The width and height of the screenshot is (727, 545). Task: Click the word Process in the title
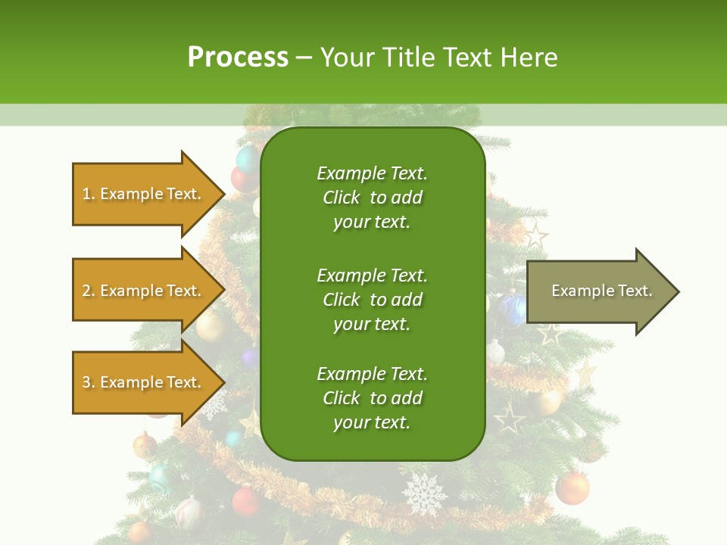click(238, 58)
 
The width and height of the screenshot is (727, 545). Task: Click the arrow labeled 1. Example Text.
click(144, 194)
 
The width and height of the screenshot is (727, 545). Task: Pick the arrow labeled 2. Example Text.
click(144, 291)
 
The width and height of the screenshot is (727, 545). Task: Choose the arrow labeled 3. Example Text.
click(144, 382)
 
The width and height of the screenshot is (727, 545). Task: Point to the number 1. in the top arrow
click(89, 195)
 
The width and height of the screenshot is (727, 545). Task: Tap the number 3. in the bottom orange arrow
click(89, 383)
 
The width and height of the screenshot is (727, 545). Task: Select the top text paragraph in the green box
click(372, 198)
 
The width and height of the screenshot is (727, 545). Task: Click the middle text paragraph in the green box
click(372, 300)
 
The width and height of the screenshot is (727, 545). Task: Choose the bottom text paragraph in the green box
click(372, 398)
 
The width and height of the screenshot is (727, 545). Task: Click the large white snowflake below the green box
click(424, 494)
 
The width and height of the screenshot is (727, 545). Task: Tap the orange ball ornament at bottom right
click(573, 488)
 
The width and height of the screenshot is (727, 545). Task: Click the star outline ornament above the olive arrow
click(536, 235)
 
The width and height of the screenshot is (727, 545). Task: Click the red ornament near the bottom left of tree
click(245, 501)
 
